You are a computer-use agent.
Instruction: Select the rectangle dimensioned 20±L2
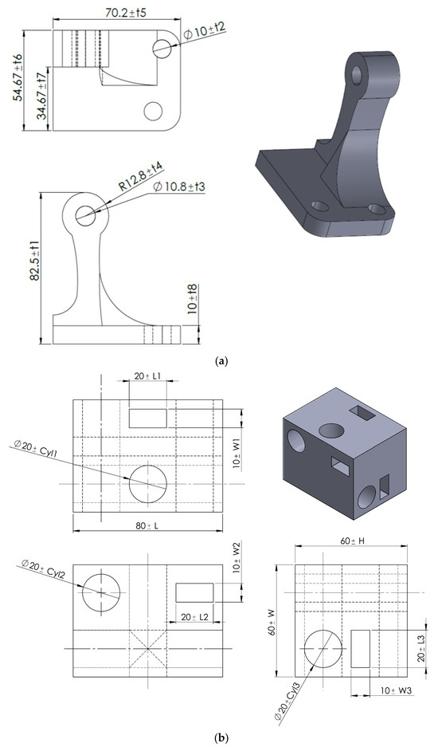(x=194, y=592)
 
